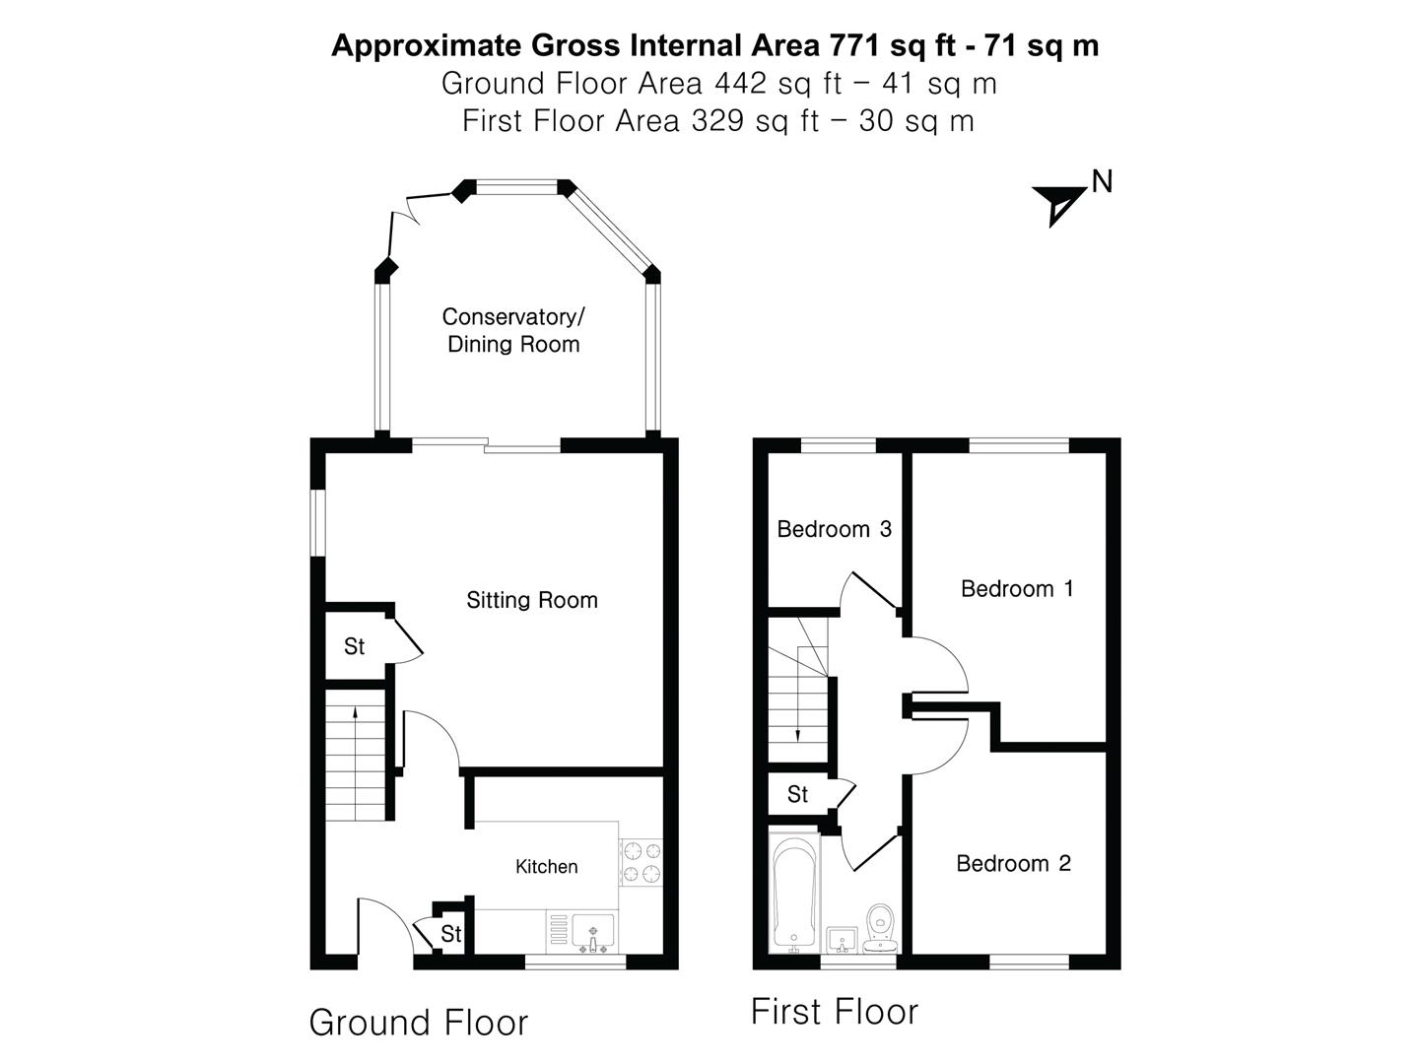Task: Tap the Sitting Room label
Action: click(x=531, y=600)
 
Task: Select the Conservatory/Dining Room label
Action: click(x=512, y=330)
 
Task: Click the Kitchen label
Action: click(x=546, y=866)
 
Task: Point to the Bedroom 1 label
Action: click(x=1016, y=588)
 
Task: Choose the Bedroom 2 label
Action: click(x=1013, y=863)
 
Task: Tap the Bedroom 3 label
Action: click(x=834, y=529)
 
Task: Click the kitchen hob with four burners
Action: click(x=641, y=861)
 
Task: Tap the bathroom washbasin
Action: click(x=841, y=939)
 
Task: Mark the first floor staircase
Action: click(x=798, y=690)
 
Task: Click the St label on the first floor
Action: click(x=797, y=794)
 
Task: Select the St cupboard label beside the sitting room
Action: click(x=354, y=646)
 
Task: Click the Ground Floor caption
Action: click(x=418, y=1023)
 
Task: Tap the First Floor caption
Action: click(x=834, y=1012)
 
